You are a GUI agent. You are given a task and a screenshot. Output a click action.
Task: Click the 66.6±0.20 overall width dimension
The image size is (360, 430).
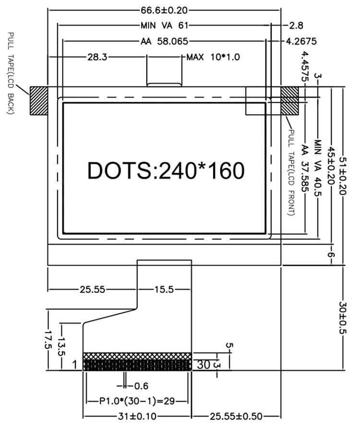(164, 10)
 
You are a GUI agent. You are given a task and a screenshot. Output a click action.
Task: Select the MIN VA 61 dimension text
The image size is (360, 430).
(164, 25)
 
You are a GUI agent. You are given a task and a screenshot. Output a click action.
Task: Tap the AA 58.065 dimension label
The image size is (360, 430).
(164, 41)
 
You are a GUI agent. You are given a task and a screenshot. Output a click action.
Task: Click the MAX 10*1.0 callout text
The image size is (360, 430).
(213, 57)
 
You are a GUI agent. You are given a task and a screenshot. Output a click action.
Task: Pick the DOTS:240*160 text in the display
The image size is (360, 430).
(166, 170)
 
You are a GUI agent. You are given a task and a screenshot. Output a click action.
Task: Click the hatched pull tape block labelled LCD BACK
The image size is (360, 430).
(39, 100)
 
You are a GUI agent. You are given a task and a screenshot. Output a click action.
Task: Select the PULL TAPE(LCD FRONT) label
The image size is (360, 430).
(292, 172)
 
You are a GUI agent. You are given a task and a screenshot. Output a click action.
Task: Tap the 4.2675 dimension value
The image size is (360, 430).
(301, 41)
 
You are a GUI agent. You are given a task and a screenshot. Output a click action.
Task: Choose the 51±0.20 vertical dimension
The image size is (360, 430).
(343, 175)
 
